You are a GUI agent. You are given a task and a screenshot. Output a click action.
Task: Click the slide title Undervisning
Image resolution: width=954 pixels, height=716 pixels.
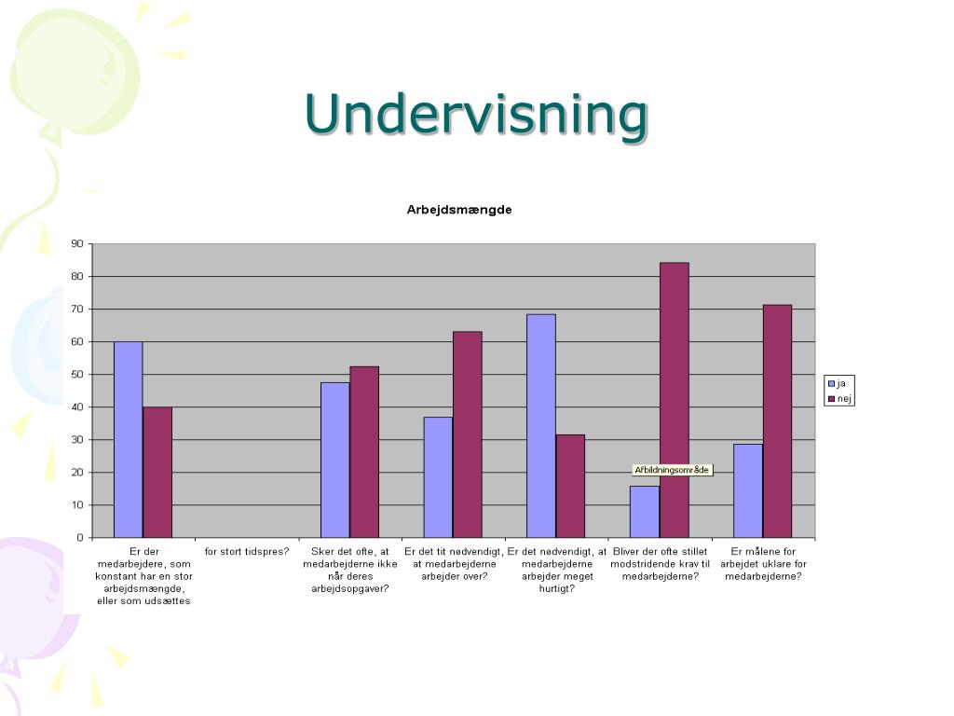(475, 114)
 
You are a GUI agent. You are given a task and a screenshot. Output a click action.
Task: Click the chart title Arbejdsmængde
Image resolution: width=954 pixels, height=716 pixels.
(458, 210)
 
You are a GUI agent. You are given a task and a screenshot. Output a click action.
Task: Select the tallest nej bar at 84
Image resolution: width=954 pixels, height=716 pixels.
(674, 400)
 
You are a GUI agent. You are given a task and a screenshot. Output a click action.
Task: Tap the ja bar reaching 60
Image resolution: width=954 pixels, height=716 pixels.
(128, 439)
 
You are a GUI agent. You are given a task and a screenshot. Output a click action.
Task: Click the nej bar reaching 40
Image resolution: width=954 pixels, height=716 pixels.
(157, 472)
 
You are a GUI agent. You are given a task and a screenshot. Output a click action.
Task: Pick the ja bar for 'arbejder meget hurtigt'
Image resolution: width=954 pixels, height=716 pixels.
(540, 425)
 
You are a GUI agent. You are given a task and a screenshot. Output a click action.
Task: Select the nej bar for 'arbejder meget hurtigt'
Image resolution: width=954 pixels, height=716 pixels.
(570, 486)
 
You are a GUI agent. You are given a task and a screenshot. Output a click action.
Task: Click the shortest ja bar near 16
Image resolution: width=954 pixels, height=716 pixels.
(644, 512)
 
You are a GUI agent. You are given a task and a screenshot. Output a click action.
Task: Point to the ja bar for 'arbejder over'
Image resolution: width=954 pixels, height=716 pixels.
(438, 476)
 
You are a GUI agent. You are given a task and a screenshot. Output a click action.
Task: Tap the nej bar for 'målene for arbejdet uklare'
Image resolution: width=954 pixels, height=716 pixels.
(777, 420)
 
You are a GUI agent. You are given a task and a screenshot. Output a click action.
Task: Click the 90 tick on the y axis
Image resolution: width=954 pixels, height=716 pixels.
(76, 244)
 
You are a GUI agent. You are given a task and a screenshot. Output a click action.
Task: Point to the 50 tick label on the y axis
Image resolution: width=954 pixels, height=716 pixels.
(76, 375)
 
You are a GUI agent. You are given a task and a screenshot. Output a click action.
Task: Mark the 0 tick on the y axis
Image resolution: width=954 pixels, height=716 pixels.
(79, 538)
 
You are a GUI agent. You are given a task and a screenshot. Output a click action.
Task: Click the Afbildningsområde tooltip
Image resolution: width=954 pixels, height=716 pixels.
(672, 470)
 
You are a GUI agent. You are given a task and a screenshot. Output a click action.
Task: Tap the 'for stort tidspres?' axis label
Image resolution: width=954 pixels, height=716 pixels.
(247, 551)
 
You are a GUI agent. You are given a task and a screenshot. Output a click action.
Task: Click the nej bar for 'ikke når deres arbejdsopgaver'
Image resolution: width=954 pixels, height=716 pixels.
(364, 452)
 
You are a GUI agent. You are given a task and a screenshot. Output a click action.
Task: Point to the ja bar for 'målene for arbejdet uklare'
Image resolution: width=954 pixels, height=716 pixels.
(747, 490)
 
